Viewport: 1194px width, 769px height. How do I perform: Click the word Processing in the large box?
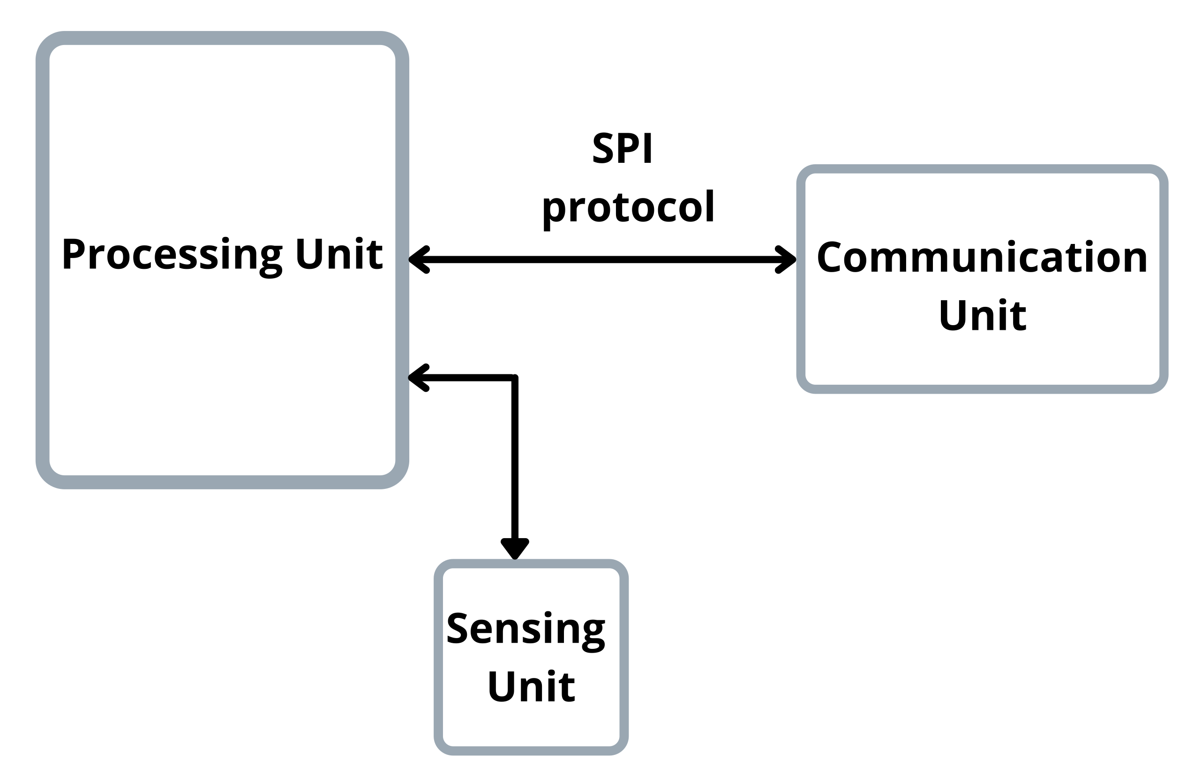click(172, 255)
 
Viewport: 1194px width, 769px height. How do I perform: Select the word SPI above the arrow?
click(622, 148)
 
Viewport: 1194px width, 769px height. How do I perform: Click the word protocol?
click(628, 207)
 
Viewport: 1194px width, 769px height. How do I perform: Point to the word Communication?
click(982, 258)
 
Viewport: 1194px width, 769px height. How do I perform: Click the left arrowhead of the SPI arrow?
click(419, 259)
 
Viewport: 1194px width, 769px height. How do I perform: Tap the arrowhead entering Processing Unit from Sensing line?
click(419, 378)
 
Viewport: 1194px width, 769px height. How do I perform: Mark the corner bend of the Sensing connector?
click(515, 378)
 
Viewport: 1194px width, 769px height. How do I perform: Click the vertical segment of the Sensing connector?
click(515, 459)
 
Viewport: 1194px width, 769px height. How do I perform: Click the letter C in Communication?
click(830, 258)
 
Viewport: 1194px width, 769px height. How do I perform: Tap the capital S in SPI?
click(603, 148)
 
